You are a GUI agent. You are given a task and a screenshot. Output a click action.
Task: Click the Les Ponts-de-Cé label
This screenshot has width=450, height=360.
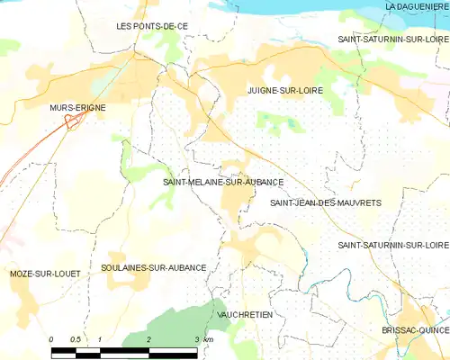coord(152,26)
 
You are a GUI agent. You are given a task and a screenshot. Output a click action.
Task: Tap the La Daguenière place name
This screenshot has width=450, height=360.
coord(416,6)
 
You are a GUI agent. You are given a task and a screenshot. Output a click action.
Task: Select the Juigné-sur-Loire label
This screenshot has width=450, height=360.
coord(285,90)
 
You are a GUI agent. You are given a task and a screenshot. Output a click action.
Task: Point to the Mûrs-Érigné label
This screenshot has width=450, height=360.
coord(77,107)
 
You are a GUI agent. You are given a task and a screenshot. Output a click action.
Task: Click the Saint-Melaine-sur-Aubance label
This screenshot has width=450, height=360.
coord(223,182)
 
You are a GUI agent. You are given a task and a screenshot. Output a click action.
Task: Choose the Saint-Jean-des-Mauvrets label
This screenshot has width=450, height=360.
coord(326,203)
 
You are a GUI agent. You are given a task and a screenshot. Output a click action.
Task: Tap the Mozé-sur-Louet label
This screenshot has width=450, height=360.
coord(45,273)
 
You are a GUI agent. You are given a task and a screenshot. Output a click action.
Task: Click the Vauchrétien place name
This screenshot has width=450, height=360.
coord(245,314)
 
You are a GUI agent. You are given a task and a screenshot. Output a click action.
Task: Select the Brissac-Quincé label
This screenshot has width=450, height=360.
coord(415,330)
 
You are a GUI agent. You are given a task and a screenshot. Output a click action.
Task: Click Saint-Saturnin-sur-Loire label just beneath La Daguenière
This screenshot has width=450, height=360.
coord(393,40)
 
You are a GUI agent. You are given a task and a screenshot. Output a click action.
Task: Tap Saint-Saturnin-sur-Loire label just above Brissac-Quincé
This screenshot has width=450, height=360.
coord(393,245)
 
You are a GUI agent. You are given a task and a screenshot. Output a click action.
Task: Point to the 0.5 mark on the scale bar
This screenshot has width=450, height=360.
coord(76,339)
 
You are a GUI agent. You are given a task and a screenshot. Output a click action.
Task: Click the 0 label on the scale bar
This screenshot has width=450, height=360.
coord(52,339)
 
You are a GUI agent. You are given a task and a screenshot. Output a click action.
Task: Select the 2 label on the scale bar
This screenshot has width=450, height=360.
coord(148,339)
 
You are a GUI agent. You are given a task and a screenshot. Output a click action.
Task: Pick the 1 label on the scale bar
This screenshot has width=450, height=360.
coord(100,339)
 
